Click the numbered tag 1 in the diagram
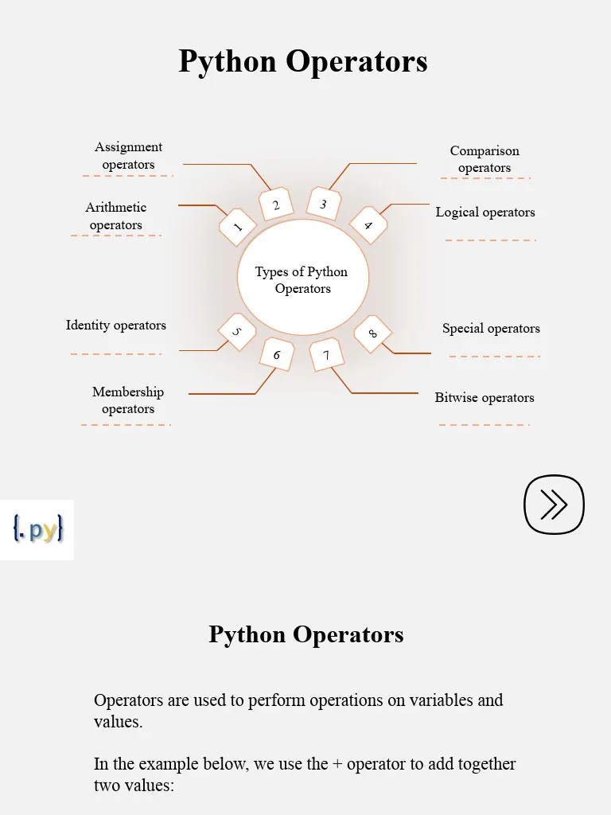[237, 227]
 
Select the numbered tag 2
[276, 205]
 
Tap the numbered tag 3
[323, 204]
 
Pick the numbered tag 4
[368, 225]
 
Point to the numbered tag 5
[236, 331]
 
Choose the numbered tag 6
[277, 355]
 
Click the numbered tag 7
[326, 354]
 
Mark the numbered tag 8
[372, 333]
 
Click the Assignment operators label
[128, 155]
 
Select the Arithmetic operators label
[116, 216]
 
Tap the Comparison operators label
[485, 159]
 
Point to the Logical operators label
[485, 213]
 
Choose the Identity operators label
[116, 326]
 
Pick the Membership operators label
[128, 400]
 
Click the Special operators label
[491, 329]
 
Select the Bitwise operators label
[485, 398]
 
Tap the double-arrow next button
[554, 505]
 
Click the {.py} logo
[37, 529]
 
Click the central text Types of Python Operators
[302, 280]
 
